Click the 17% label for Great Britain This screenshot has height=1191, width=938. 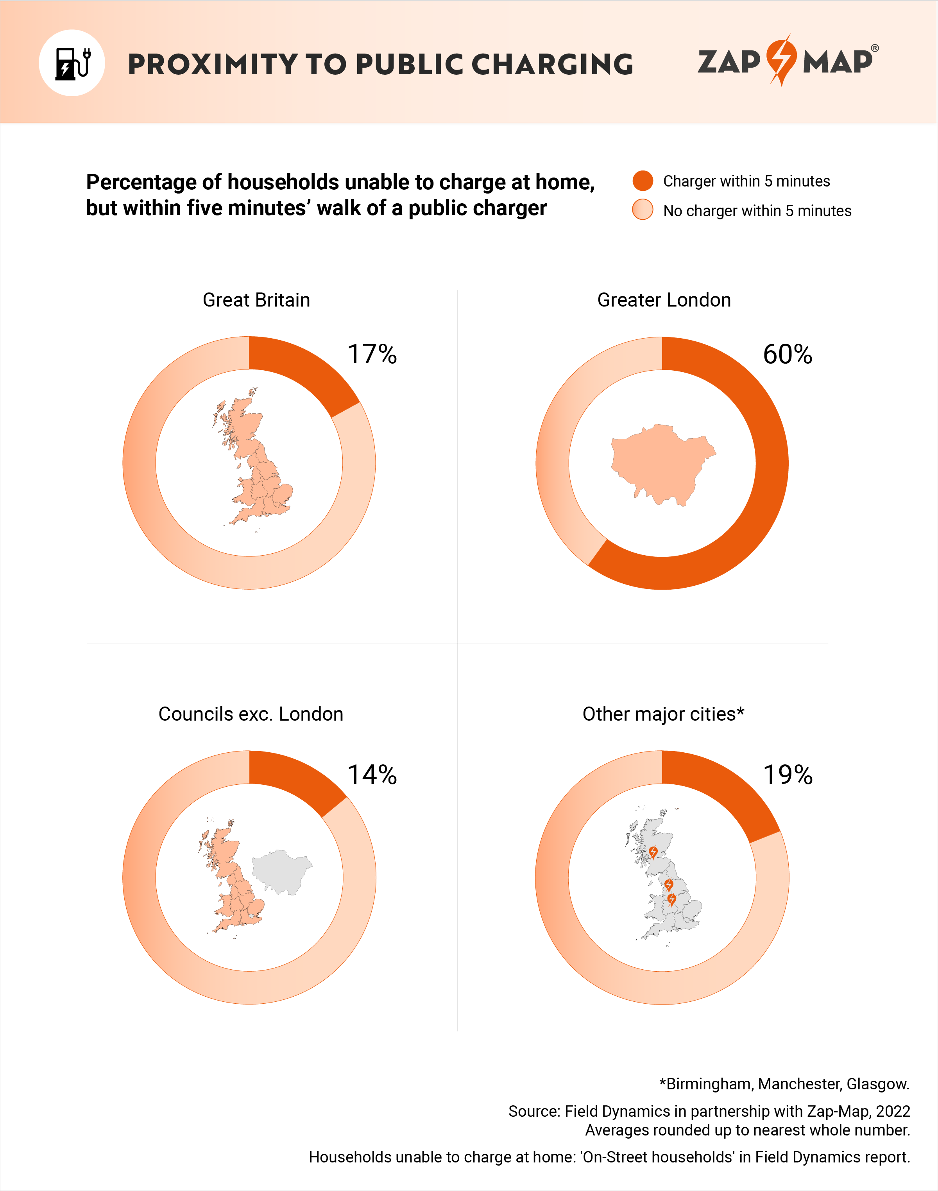(372, 354)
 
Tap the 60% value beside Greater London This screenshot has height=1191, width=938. (787, 354)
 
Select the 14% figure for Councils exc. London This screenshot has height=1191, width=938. (372, 775)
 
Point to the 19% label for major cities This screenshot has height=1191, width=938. (788, 775)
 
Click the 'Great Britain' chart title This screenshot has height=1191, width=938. (256, 300)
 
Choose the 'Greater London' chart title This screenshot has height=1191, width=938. (664, 300)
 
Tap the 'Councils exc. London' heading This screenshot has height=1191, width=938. (251, 714)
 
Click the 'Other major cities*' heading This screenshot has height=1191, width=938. (663, 714)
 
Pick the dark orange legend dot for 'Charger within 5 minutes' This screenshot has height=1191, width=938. (643, 181)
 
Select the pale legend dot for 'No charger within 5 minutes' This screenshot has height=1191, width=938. (643, 210)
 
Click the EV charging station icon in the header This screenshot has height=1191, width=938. (72, 63)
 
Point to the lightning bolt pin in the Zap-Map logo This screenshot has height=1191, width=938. (781, 59)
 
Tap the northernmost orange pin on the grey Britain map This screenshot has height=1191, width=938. (653, 852)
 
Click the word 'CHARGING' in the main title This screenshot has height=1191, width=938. (552, 64)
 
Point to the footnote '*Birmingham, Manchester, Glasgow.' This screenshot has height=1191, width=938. (784, 1084)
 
